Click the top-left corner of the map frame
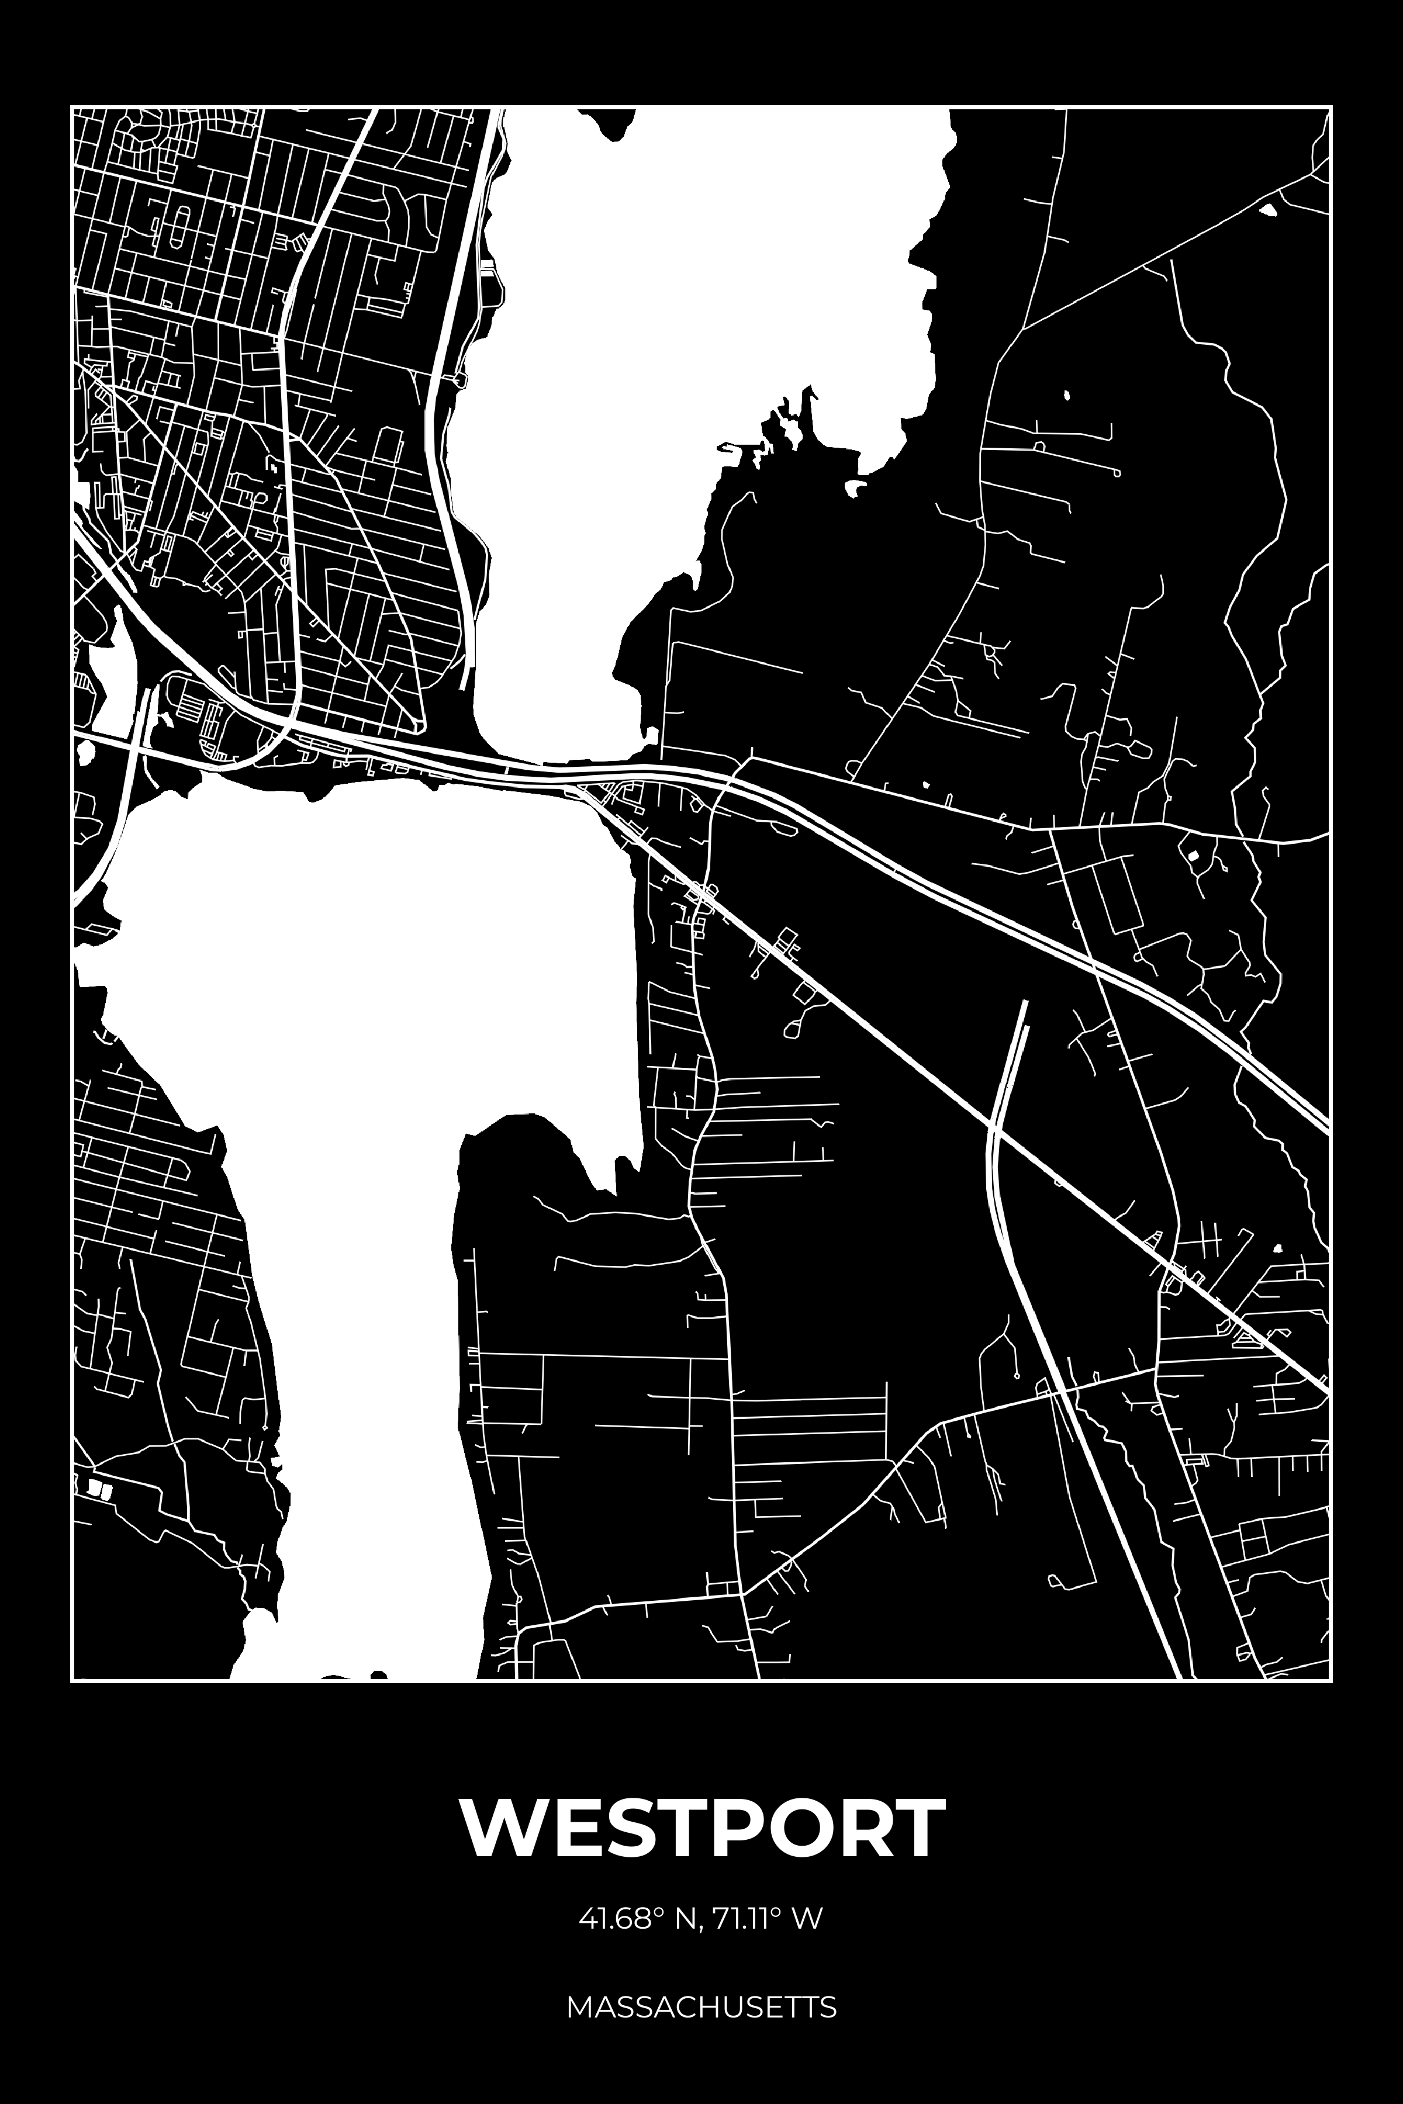pyautogui.click(x=72, y=108)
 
